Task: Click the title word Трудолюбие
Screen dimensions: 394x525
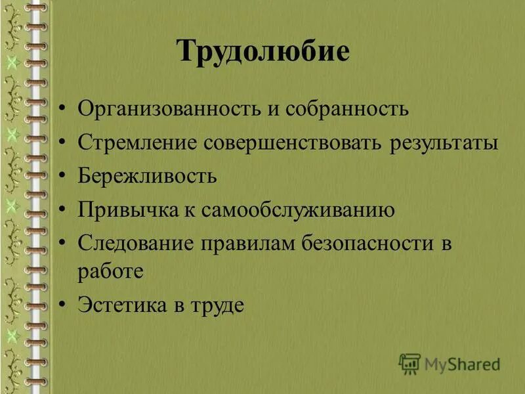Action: [x=262, y=51]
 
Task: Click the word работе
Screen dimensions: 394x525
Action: [x=110, y=271]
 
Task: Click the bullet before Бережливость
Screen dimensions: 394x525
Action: [x=62, y=177]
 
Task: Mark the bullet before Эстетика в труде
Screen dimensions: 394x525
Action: [x=62, y=305]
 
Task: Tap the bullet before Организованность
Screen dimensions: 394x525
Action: [x=62, y=109]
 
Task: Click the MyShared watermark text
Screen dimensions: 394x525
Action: [x=462, y=363]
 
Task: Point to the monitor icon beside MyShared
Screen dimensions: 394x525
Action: [x=409, y=363]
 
